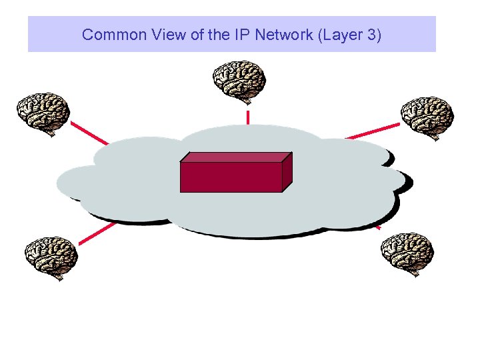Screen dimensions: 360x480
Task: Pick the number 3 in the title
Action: [370, 35]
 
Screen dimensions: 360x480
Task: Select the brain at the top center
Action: [239, 81]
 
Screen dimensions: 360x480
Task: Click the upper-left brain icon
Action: [43, 113]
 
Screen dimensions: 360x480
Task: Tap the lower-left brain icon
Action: [52, 256]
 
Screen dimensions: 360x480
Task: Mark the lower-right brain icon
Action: [407, 253]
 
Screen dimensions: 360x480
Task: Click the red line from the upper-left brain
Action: [89, 132]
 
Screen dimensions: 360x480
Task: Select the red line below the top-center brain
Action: [248, 117]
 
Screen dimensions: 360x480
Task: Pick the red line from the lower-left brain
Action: [97, 231]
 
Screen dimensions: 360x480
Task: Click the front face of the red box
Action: [231, 177]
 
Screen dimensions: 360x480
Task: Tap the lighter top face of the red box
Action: [237, 157]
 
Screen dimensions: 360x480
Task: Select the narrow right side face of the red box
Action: [287, 171]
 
